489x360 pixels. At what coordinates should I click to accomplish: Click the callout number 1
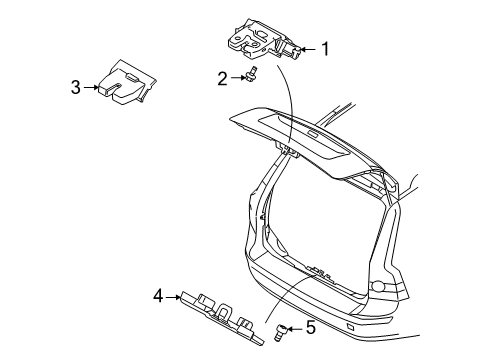(x=323, y=47)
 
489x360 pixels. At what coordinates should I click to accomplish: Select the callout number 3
(x=75, y=87)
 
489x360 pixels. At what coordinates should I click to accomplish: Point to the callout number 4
(x=158, y=295)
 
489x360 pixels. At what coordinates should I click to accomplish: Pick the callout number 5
(x=310, y=327)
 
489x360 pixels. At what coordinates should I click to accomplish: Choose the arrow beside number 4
(x=174, y=296)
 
